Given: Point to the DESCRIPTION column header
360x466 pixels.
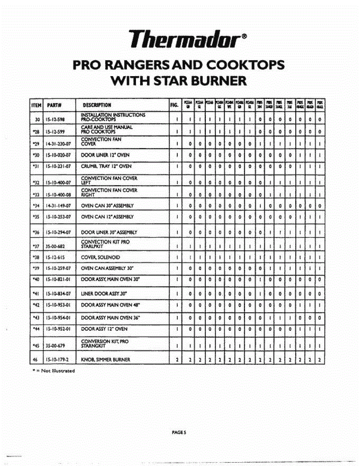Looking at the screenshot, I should pos(97,104).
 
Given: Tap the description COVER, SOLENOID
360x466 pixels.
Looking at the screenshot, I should pos(100,257).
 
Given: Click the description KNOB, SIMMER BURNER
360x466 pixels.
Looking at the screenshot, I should pos(105,360).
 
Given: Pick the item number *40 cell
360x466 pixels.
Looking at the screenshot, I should pos(37,279).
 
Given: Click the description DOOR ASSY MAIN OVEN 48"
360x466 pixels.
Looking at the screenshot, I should pos(110,305).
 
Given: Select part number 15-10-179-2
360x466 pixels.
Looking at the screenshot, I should pos(57,360).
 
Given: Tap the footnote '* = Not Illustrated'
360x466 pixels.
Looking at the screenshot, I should pos(54,370).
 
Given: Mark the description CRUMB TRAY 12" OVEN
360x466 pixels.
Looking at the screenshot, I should pos(106,166).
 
